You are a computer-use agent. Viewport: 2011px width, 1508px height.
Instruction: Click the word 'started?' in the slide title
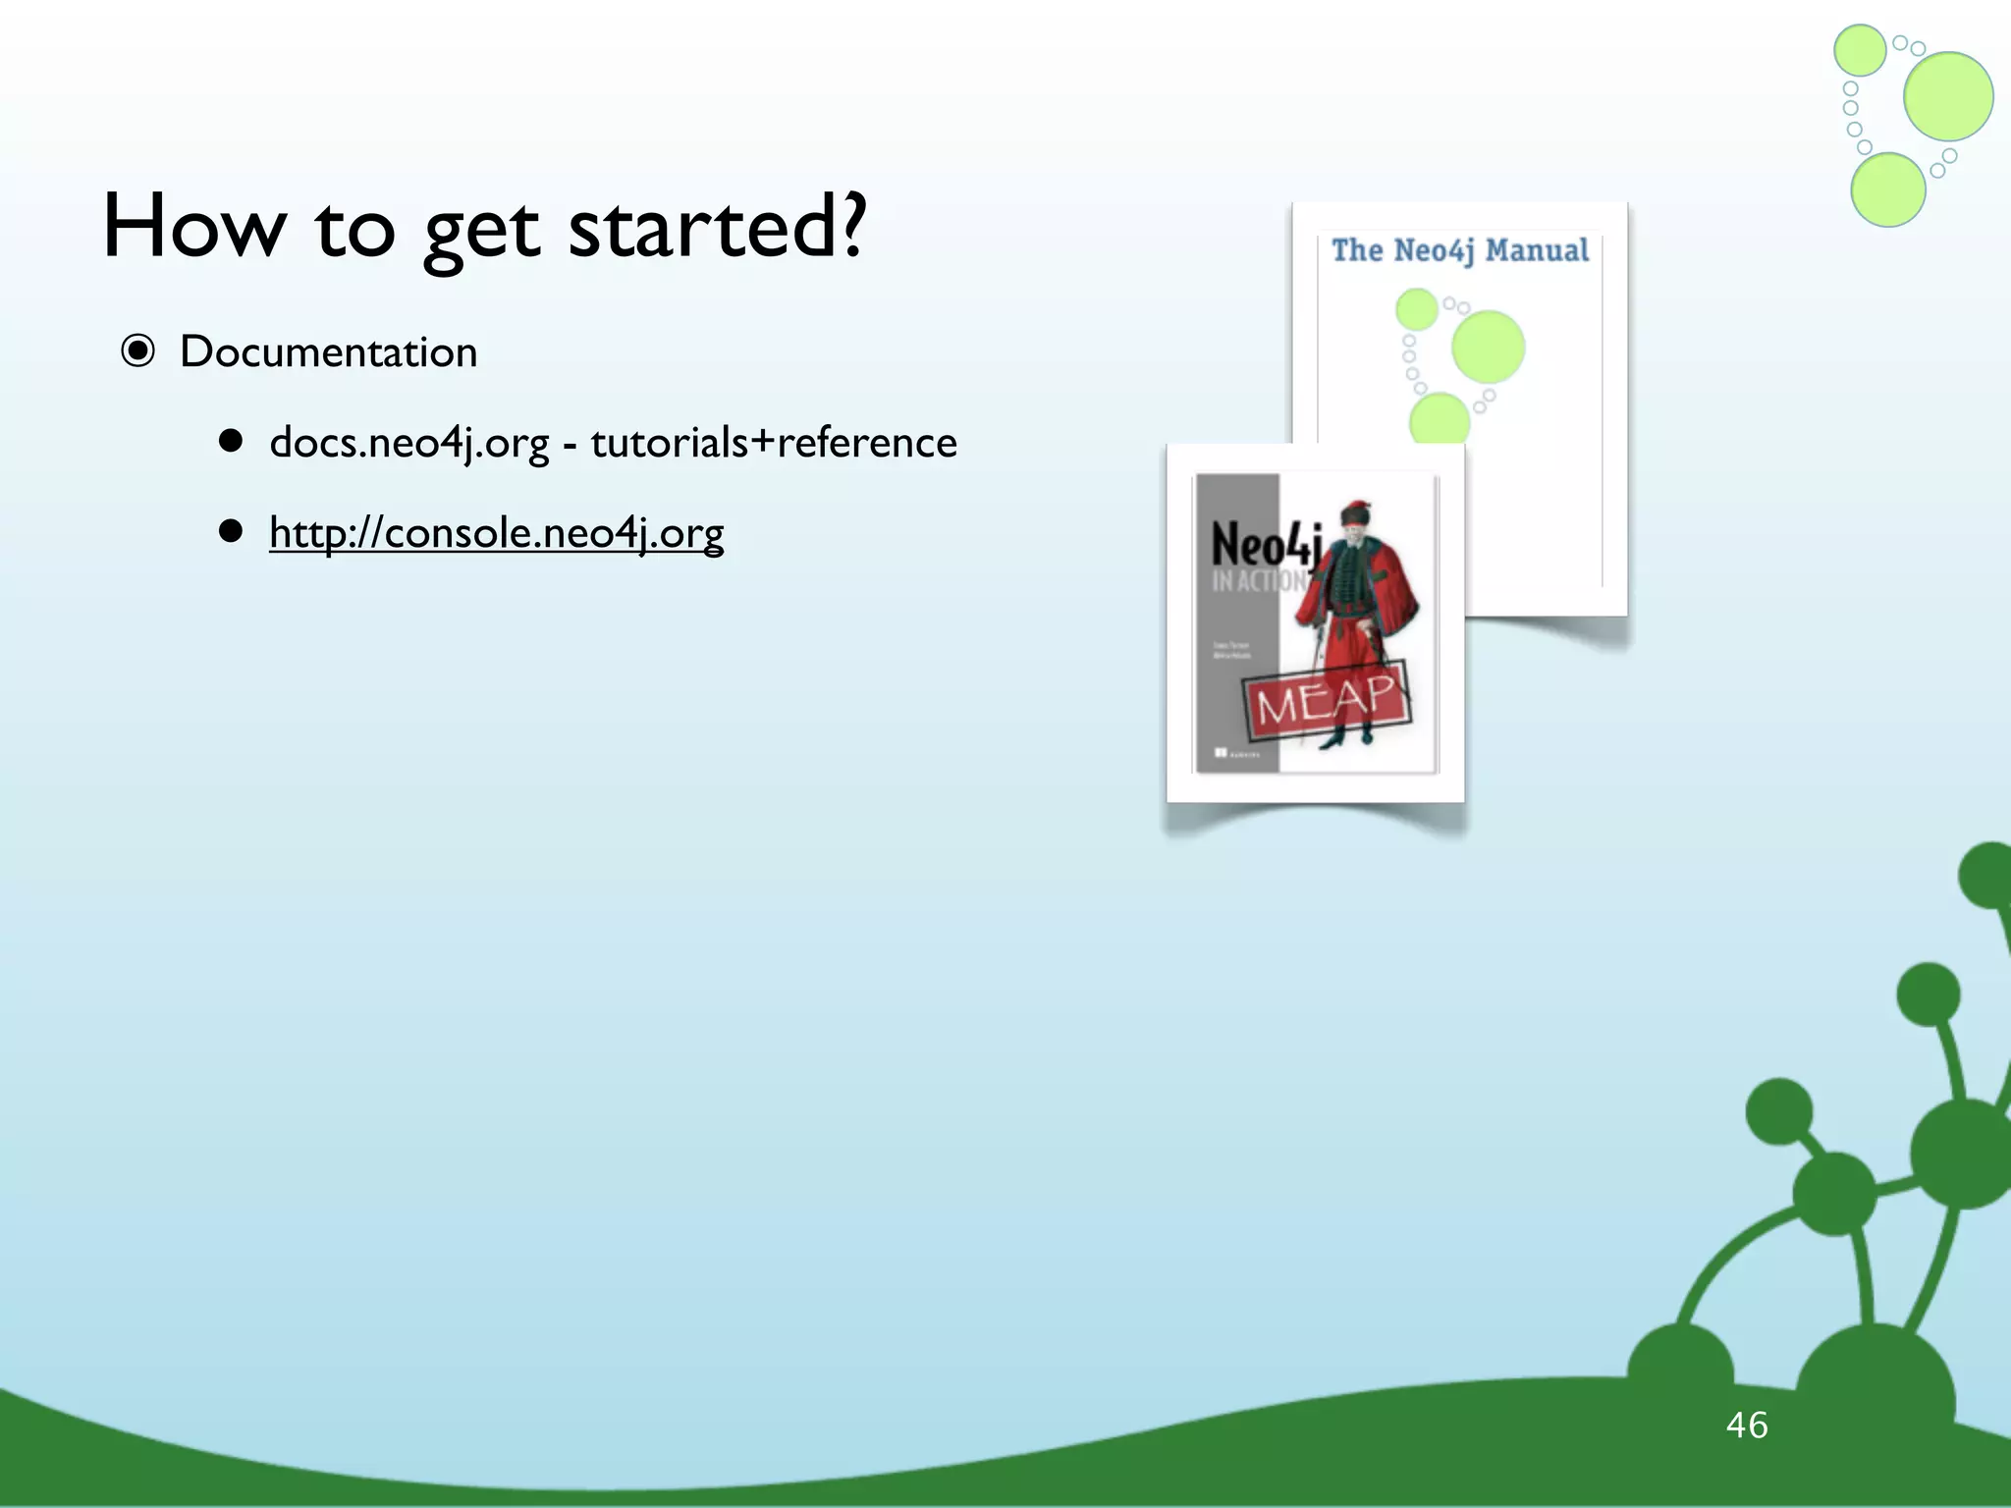tap(718, 227)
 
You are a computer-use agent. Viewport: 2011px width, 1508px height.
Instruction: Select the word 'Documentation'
tap(328, 351)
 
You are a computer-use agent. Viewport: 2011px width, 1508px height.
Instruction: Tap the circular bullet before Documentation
tap(138, 350)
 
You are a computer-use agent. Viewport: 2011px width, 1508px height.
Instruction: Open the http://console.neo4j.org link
tap(496, 533)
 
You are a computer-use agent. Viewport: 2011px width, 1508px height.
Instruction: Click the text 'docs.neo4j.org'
tap(408, 443)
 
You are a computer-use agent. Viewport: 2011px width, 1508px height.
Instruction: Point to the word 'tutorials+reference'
tap(773, 443)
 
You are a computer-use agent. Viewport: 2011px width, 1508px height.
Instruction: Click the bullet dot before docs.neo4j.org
tap(231, 442)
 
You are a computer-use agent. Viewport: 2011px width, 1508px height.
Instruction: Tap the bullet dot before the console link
tap(231, 532)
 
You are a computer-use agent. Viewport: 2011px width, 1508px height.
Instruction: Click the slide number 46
tap(1747, 1425)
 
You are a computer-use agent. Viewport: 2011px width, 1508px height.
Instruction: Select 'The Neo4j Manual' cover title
tap(1459, 250)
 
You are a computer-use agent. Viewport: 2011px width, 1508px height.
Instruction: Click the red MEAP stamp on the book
tap(1327, 698)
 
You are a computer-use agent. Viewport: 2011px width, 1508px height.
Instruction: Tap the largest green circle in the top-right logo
tap(1948, 96)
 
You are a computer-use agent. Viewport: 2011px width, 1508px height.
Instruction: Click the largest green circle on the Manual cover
tap(1488, 347)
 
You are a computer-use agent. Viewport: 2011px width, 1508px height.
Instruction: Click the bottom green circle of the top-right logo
tap(1887, 189)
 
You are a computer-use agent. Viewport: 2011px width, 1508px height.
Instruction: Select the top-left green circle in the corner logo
tap(1860, 50)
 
